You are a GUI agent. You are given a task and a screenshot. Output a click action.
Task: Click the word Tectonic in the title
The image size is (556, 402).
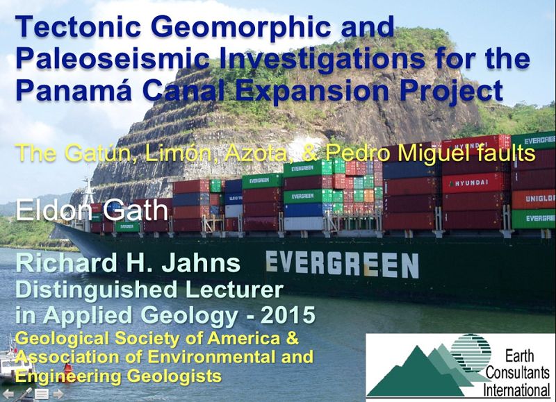point(79,27)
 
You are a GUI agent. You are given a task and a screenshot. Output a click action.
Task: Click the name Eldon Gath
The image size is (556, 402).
point(92,210)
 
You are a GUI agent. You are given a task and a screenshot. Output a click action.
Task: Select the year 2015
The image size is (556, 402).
point(288,315)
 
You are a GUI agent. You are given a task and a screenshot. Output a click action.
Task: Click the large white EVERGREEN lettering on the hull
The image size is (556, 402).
point(342,264)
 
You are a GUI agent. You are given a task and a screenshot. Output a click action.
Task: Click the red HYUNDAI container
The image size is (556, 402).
point(474,183)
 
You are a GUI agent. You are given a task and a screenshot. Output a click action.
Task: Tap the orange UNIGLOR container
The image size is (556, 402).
point(534,199)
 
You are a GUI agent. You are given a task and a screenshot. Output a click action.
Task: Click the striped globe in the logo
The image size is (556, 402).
point(471,351)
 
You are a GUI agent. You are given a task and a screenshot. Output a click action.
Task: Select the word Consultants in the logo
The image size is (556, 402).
point(517,373)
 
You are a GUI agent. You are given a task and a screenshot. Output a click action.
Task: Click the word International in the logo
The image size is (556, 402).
point(516,390)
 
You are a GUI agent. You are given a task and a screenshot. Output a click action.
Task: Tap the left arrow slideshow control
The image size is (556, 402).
point(8,394)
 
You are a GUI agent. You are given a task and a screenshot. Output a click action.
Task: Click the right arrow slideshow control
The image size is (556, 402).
point(58,394)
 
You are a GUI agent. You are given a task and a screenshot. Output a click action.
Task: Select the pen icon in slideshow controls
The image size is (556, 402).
point(24,394)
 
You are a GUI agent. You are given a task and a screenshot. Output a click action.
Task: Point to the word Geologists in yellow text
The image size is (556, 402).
point(174,376)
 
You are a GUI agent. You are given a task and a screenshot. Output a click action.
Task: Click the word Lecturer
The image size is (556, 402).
point(234,290)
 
